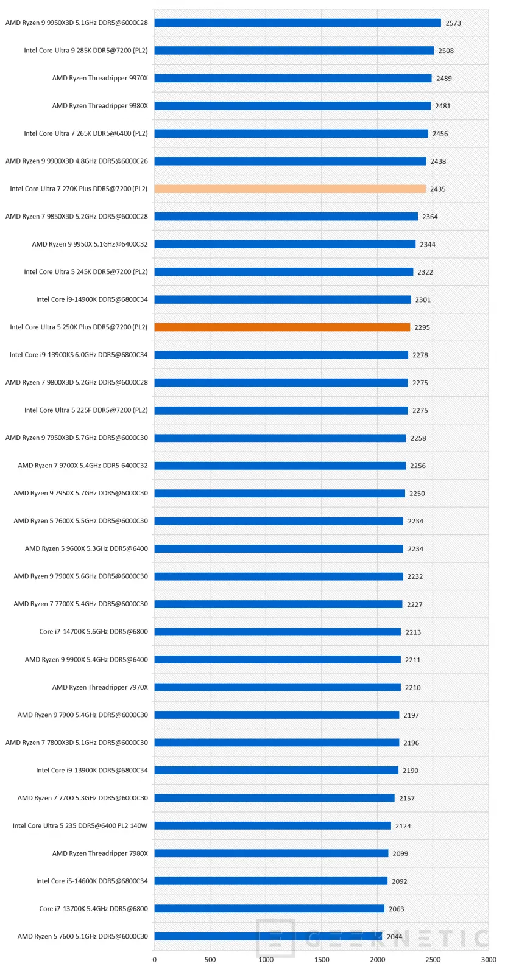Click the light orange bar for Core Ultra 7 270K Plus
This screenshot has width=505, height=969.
(289, 189)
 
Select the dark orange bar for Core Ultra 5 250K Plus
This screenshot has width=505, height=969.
(281, 327)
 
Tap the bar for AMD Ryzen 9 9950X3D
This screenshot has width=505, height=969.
(297, 23)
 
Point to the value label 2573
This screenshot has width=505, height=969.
(453, 23)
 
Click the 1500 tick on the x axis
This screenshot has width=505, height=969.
(322, 960)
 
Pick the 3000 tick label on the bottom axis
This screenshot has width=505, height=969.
(489, 960)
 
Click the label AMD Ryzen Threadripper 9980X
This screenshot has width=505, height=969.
(100, 106)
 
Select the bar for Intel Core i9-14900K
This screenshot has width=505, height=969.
(283, 299)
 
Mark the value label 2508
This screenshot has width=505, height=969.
(446, 51)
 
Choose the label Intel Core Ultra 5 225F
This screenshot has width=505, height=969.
(86, 410)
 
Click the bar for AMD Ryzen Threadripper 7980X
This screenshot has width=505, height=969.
(271, 853)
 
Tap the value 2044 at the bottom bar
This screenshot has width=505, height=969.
(394, 937)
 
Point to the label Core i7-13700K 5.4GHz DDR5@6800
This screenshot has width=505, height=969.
(93, 909)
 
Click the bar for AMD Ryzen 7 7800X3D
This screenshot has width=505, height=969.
(277, 743)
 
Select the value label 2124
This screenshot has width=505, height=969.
(403, 826)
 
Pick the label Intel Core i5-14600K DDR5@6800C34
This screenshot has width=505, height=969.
(91, 881)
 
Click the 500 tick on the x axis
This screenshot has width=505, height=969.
(210, 960)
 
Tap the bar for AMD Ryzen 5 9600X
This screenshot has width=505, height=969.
(278, 548)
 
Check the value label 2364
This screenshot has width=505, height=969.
(429, 217)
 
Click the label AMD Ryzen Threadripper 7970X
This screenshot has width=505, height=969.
(100, 687)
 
